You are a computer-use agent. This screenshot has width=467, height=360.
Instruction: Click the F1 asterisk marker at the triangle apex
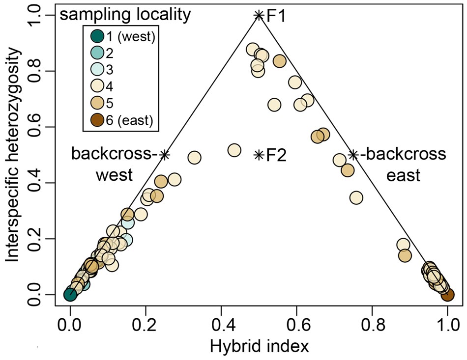tap(259, 15)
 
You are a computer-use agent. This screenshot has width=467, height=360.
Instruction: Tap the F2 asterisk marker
tap(259, 155)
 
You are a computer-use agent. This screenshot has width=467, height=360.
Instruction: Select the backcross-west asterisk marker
tap(165, 155)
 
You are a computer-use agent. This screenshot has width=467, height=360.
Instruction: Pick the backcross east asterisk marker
tap(353, 155)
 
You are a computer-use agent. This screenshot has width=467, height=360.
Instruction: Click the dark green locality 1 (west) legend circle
tap(97, 37)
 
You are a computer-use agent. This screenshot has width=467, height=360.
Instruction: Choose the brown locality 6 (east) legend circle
tap(97, 120)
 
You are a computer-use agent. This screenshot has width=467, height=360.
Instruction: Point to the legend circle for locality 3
tap(97, 70)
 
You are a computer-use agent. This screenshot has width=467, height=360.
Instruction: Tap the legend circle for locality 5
tap(97, 103)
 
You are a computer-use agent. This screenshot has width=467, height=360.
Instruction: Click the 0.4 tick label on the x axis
tap(221, 325)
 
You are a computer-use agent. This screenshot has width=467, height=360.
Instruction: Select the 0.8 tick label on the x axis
tap(372, 325)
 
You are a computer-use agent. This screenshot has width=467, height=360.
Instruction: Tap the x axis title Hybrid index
tap(259, 347)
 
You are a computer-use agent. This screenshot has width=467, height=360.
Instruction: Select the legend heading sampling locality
tap(125, 15)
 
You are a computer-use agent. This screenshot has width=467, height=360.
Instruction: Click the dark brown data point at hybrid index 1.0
tap(447, 295)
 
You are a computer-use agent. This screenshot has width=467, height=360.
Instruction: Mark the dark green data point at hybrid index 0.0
tap(70, 295)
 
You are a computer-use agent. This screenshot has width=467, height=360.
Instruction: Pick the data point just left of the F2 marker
tap(234, 150)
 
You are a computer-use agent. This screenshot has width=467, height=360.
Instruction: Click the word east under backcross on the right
tap(403, 175)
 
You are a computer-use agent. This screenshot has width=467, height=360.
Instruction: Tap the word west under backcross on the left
tap(115, 175)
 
